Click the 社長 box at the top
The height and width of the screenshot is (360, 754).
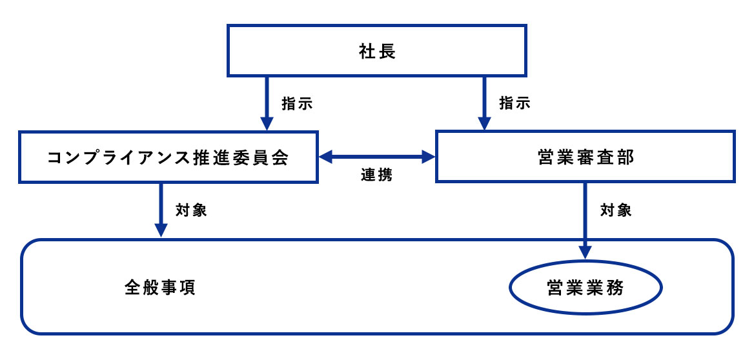click(377, 50)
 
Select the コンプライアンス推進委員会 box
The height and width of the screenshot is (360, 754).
click(168, 157)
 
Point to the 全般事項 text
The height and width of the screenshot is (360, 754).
click(159, 288)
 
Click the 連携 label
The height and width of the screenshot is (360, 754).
click(376, 175)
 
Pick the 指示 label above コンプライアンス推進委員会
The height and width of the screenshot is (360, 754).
click(298, 103)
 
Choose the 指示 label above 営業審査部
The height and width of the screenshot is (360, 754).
click(515, 103)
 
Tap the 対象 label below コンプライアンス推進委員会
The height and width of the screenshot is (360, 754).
click(191, 210)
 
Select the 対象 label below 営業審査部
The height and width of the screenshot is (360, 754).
click(616, 210)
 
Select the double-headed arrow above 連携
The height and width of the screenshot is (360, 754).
click(377, 156)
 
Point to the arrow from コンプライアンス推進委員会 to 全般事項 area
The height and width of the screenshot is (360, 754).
click(161, 210)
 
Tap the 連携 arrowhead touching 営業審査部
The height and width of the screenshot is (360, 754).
click(429, 156)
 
